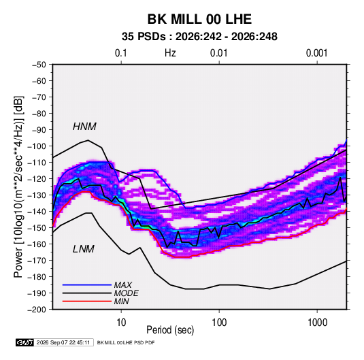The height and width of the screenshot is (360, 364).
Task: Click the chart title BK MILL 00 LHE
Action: (199, 19)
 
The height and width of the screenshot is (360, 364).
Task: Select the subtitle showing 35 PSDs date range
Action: (199, 37)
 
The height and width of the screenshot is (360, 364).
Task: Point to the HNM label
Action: (84, 127)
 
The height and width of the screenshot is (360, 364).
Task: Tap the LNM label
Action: (84, 249)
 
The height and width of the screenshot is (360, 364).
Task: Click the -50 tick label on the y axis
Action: (39, 65)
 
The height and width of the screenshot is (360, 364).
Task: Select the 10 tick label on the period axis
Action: (121, 323)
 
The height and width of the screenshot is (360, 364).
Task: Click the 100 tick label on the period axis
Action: (219, 323)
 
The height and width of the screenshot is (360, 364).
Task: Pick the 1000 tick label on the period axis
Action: (317, 323)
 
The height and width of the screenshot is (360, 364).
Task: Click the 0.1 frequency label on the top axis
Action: (121, 53)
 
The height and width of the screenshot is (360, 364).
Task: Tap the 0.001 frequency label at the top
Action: (317, 53)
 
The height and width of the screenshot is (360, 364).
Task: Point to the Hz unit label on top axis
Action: (170, 53)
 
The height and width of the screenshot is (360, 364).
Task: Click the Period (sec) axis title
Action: (170, 330)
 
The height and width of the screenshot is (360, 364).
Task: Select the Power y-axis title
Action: (18, 186)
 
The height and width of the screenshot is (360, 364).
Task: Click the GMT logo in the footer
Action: (25, 342)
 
